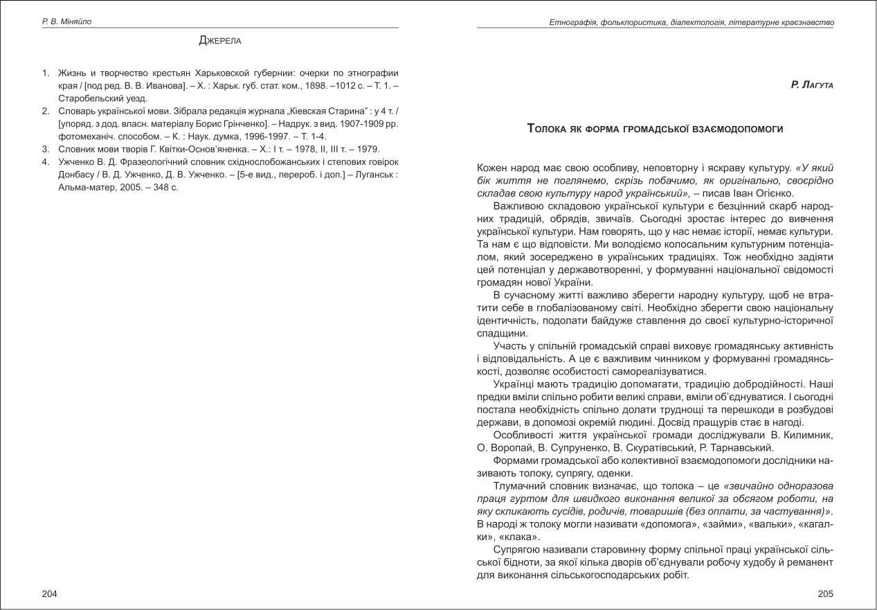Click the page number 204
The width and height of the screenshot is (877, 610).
pyautogui.click(x=50, y=593)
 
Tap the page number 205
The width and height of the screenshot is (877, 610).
pyautogui.click(x=825, y=593)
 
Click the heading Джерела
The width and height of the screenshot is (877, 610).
pyautogui.click(x=220, y=41)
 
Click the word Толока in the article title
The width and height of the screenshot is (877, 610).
pyautogui.click(x=549, y=129)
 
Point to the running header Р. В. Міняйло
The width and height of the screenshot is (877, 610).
pyautogui.click(x=66, y=21)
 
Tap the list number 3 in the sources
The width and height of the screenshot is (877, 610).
pyautogui.click(x=45, y=150)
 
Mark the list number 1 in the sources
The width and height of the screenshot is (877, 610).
pyautogui.click(x=45, y=73)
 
